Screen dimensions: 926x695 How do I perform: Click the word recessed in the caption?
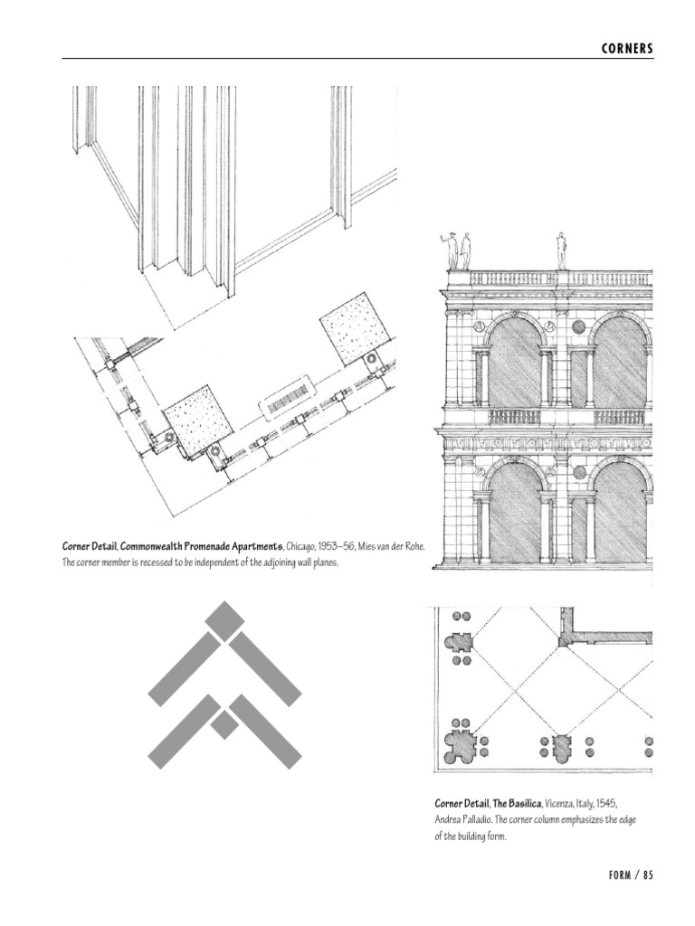point(169,562)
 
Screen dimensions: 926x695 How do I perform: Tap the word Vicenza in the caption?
point(565,803)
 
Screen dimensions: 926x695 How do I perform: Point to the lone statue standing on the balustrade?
point(562,250)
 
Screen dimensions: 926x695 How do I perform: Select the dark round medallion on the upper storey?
point(578,326)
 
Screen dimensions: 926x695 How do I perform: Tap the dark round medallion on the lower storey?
point(578,473)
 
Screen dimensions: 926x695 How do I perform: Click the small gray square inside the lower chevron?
point(224,723)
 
